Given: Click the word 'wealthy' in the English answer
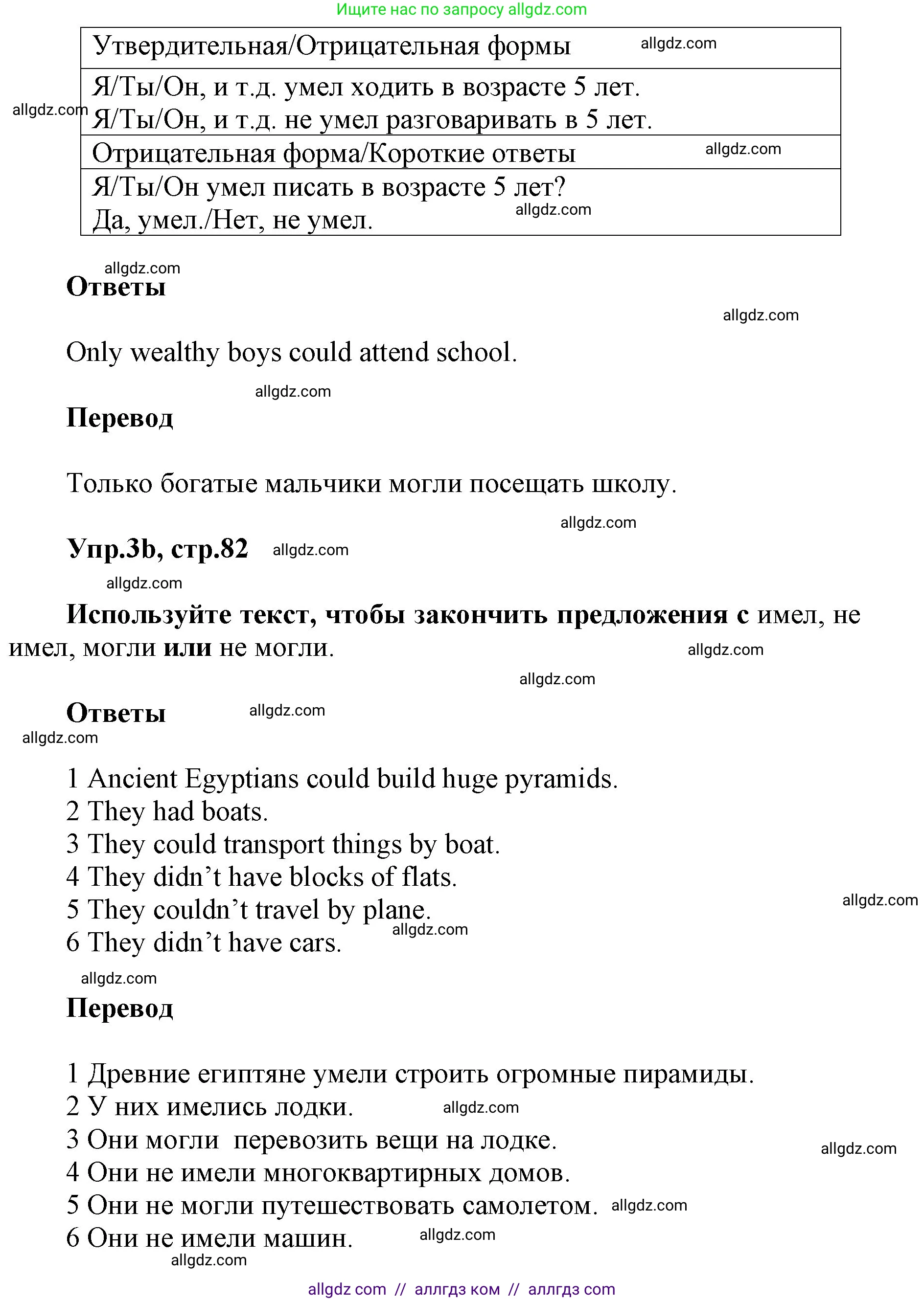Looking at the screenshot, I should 175,353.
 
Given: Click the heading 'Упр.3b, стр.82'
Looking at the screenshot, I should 158,549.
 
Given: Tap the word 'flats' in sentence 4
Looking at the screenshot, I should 429,877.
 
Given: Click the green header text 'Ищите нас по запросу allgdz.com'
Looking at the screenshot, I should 462,10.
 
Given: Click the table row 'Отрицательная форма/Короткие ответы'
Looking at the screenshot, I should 334,154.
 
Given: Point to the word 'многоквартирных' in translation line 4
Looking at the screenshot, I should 372,1172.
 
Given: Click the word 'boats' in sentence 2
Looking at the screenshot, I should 234,811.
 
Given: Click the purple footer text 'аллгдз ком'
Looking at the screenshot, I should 457,1289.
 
